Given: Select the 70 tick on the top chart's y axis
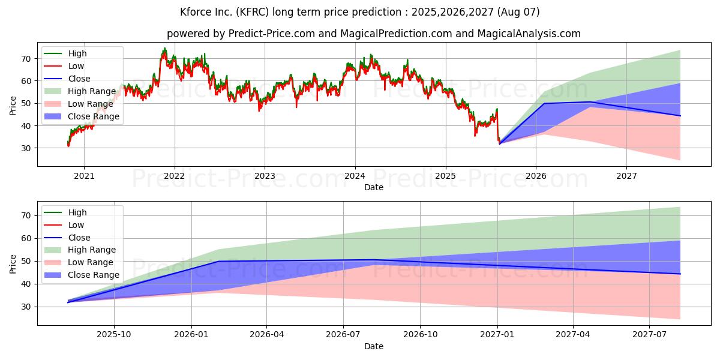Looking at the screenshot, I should click(25, 59).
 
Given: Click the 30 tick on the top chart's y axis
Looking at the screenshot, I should click(25, 148).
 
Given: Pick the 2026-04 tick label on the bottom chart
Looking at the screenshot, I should click(267, 335).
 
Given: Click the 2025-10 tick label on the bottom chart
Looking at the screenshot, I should click(114, 335).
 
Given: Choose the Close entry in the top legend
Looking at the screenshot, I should click(79, 79).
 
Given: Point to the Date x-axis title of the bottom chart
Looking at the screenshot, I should click(373, 346).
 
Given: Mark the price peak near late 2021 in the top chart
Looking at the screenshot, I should click(164, 49).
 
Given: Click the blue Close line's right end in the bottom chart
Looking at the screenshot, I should click(680, 274).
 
